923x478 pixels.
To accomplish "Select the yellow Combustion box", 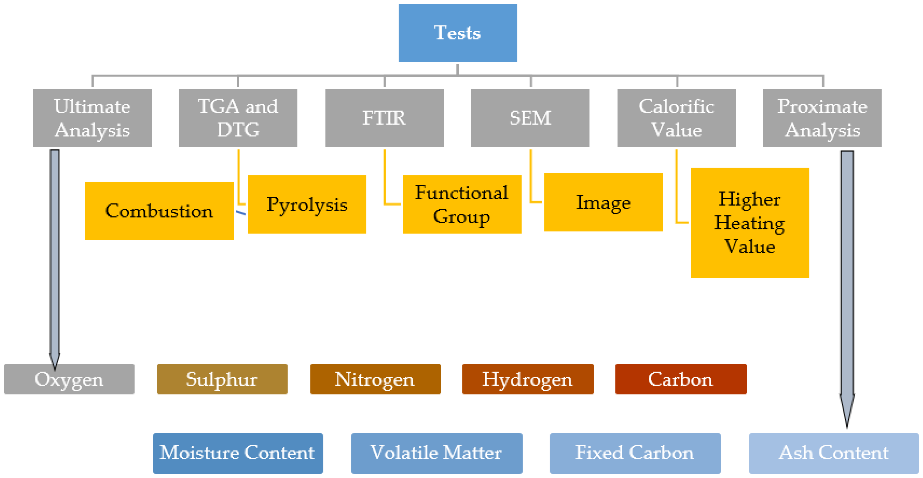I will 159,211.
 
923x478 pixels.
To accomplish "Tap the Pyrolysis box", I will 307,205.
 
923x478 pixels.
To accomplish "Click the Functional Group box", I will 462,205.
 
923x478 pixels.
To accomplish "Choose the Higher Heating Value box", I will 750,223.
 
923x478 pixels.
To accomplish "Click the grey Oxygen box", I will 69,379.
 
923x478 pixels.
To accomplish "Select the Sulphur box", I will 222,379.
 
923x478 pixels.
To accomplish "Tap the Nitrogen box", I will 375,379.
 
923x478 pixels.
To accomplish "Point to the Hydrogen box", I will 528,379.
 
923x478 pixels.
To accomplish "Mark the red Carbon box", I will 681,379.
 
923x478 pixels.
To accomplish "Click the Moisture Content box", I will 238,453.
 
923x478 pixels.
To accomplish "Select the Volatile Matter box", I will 437,453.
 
